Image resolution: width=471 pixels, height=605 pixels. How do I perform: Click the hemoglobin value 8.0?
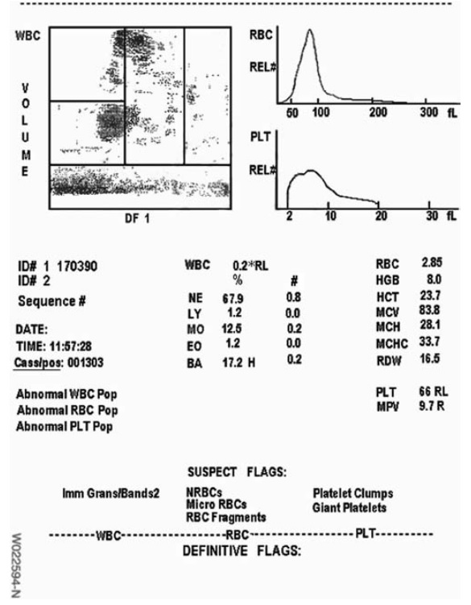pyautogui.click(x=432, y=279)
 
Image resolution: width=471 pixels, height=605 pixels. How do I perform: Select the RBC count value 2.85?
pyautogui.click(x=432, y=263)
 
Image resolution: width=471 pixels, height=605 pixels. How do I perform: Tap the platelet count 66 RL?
pyautogui.click(x=434, y=392)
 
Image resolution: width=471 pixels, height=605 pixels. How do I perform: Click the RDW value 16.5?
pyautogui.click(x=433, y=357)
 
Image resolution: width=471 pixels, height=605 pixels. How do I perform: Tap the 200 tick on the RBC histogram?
pyautogui.click(x=378, y=114)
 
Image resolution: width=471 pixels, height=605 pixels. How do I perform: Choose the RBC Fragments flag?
pyautogui.click(x=225, y=517)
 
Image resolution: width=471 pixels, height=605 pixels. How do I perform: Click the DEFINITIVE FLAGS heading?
pyautogui.click(x=241, y=552)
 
